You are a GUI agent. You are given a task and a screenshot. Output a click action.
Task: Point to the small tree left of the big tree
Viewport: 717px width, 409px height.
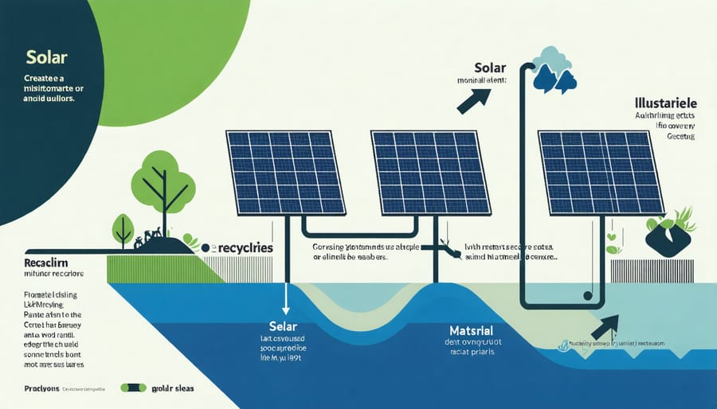123,226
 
